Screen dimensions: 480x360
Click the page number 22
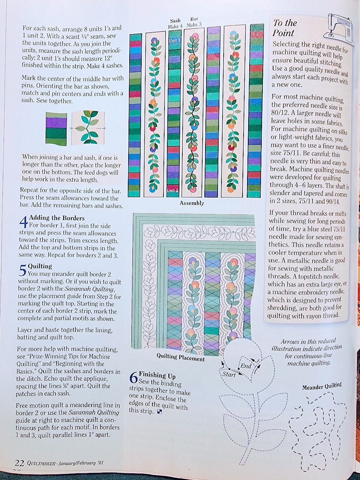point(19,463)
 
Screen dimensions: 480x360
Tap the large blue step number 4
point(23,223)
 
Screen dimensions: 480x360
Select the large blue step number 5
point(22,271)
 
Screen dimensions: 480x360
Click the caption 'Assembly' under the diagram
point(192,203)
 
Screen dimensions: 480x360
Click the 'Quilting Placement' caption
point(181,357)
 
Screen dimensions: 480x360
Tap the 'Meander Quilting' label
point(322,386)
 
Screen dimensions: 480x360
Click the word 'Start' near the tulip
point(229,374)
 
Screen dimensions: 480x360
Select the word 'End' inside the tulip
point(246,366)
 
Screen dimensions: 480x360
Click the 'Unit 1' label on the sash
point(174,40)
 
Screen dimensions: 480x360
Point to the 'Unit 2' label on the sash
point(173,191)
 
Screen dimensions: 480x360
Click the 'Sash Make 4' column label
point(175,24)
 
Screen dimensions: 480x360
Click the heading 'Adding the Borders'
point(57,218)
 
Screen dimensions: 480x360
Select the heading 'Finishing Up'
point(157,375)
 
